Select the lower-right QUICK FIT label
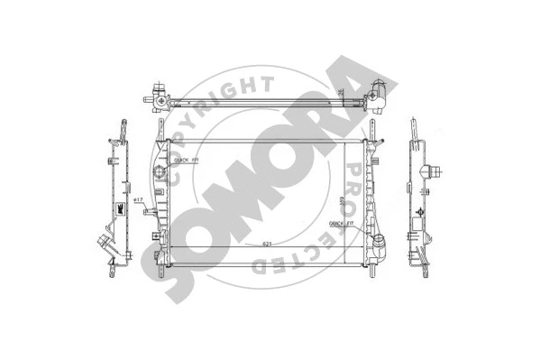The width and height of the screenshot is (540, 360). click(342, 222)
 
